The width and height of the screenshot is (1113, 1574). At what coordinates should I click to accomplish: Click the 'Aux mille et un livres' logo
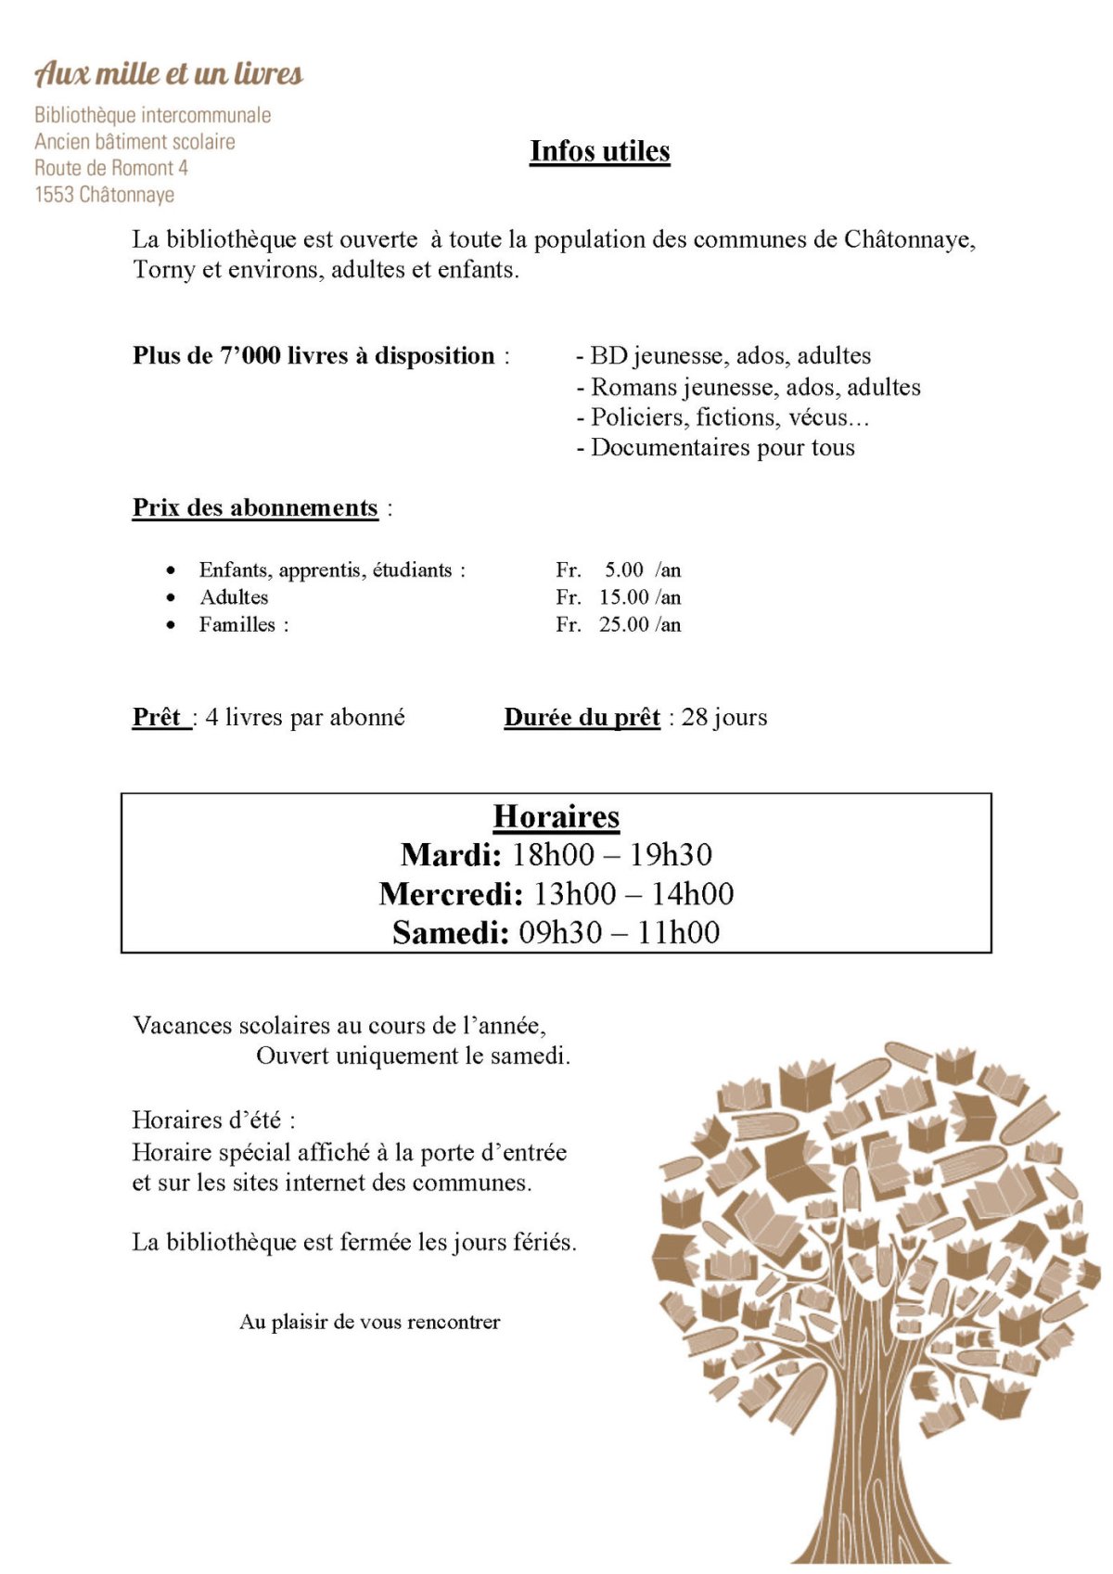point(169,73)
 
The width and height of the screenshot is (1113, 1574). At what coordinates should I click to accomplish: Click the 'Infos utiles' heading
point(600,151)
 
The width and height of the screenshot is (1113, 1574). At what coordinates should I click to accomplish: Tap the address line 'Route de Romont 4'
point(111,168)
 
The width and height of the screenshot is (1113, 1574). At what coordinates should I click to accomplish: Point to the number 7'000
point(249,356)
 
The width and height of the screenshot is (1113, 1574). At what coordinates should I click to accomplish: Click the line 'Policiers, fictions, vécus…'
point(729,417)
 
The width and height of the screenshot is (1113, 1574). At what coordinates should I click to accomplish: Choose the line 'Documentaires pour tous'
point(722,448)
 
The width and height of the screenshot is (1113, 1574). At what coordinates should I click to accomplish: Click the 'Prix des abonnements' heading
point(255,508)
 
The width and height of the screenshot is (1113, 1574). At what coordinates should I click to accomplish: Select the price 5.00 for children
point(624,569)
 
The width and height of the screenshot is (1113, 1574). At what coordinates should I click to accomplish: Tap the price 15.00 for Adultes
point(623,597)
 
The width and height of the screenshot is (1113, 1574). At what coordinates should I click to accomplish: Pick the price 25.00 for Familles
point(623,624)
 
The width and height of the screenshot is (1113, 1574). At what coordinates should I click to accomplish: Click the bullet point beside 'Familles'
point(171,625)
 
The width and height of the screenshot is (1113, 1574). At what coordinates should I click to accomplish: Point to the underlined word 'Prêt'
point(157,718)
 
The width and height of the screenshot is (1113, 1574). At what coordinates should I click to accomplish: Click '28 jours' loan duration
point(724,718)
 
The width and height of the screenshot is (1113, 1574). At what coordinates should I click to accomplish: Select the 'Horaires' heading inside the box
point(556,816)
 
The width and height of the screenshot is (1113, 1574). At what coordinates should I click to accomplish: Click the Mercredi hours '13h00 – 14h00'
point(633,894)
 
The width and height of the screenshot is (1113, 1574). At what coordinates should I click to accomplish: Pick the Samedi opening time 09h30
point(559,932)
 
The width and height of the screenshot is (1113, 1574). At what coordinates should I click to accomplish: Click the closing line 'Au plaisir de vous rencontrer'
point(369,1322)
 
